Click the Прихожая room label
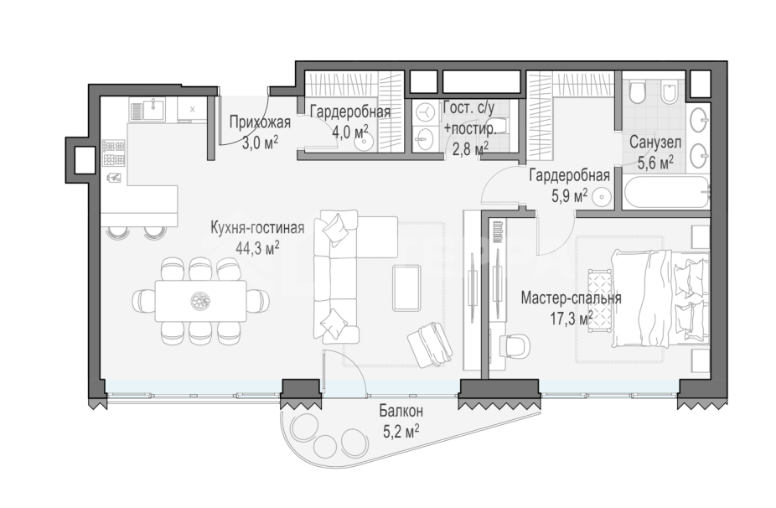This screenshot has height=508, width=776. point(260,122)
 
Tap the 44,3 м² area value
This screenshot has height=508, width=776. point(257,247)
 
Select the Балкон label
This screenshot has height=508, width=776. point(401,411)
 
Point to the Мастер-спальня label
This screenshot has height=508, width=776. point(572,298)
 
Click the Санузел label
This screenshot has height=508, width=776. point(655,143)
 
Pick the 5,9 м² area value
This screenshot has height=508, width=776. point(570,196)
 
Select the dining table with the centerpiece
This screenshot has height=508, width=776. point(200,301)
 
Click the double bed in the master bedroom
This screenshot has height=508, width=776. point(660,298)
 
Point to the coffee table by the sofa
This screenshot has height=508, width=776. point(406,288)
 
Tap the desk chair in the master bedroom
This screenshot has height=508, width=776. point(515,344)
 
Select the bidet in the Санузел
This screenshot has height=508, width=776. point(669,91)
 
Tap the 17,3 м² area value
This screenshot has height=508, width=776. point(572,318)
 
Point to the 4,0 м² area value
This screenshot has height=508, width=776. point(350,132)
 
